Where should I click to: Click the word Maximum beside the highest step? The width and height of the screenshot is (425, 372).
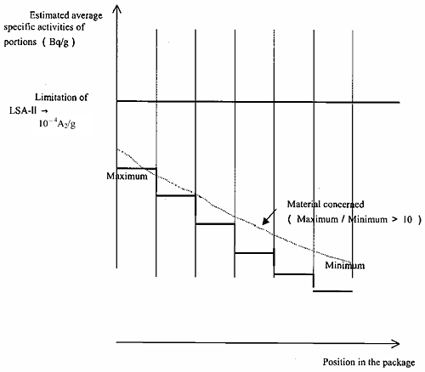pyautogui.click(x=127, y=176)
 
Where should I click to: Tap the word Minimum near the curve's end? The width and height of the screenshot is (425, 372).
pyautogui.click(x=344, y=265)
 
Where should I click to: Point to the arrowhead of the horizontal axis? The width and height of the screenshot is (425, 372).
pyautogui.click(x=395, y=344)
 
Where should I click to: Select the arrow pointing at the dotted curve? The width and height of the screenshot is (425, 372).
pyautogui.click(x=269, y=217)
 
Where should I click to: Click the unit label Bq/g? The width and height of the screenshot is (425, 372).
pyautogui.click(x=59, y=42)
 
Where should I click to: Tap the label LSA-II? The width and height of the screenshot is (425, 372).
pyautogui.click(x=23, y=110)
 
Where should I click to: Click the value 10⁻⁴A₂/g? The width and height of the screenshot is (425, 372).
pyautogui.click(x=57, y=124)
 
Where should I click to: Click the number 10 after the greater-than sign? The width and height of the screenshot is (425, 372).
pyautogui.click(x=407, y=219)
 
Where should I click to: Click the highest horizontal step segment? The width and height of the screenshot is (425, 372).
pyautogui.click(x=136, y=168)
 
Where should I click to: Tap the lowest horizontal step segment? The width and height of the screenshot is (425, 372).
pyautogui.click(x=333, y=290)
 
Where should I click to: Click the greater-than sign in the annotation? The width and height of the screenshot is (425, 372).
pyautogui.click(x=394, y=219)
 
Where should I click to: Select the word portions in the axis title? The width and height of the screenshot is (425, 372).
pyautogui.click(x=20, y=42)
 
